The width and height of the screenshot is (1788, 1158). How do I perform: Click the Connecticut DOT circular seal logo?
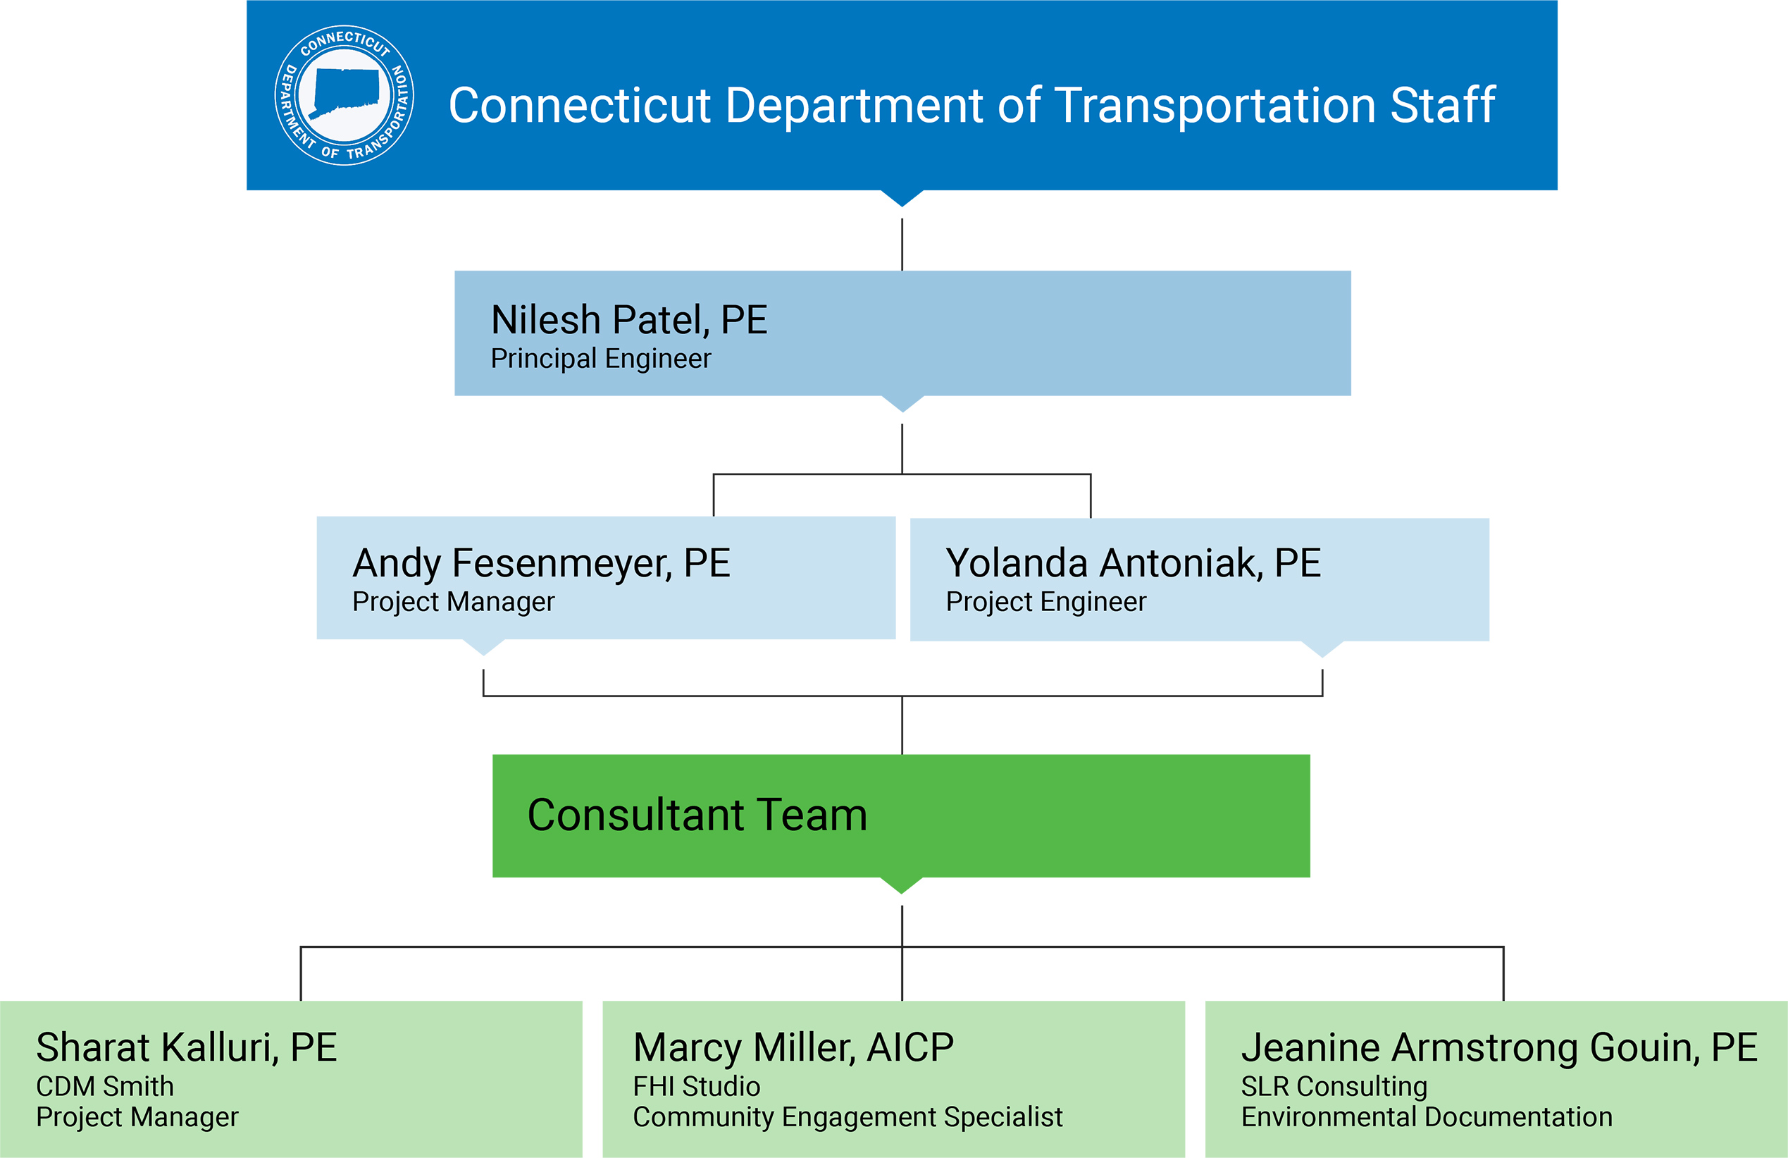tap(344, 95)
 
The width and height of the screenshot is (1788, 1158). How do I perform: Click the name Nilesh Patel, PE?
tap(629, 319)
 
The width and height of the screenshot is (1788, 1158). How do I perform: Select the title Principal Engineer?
tap(600, 359)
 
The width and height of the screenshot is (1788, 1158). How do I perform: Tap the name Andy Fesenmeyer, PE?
tap(541, 563)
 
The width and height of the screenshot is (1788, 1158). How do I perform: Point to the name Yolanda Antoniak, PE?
tap(1133, 563)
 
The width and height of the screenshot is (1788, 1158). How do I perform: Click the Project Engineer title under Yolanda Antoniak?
tap(1045, 602)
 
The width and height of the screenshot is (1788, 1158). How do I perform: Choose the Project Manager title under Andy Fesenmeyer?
tap(453, 602)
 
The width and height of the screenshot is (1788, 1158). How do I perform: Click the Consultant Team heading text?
tap(697, 815)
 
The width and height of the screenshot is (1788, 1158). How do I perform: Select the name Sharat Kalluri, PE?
tap(186, 1047)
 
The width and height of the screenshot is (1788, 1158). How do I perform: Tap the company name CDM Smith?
tap(104, 1087)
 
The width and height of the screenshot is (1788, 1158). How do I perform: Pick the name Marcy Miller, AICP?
tap(793, 1047)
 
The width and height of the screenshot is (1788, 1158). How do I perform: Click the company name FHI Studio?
tap(697, 1087)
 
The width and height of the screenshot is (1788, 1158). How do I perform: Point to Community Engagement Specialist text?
tap(848, 1117)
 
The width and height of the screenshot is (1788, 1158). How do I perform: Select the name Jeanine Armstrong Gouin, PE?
tap(1498, 1047)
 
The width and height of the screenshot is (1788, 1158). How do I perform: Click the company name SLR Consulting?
tap(1334, 1087)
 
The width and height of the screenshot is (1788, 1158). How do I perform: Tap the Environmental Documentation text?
tap(1427, 1117)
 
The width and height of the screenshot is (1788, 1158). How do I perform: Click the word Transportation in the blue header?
tap(1215, 105)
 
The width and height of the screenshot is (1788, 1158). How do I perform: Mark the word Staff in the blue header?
tap(1442, 105)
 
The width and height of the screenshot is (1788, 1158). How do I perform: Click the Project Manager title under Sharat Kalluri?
tap(137, 1117)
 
